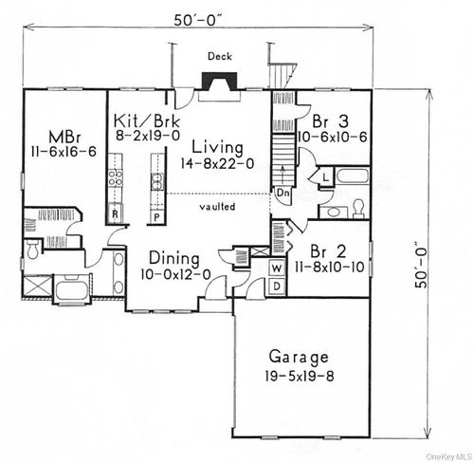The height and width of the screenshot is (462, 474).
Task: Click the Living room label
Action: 216,148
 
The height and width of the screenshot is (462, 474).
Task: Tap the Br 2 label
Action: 329,251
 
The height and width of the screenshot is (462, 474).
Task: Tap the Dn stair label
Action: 283,192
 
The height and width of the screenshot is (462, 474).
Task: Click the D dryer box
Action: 277,284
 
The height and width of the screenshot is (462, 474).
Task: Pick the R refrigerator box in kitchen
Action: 115,214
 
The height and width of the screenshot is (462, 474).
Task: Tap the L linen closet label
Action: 324,176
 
